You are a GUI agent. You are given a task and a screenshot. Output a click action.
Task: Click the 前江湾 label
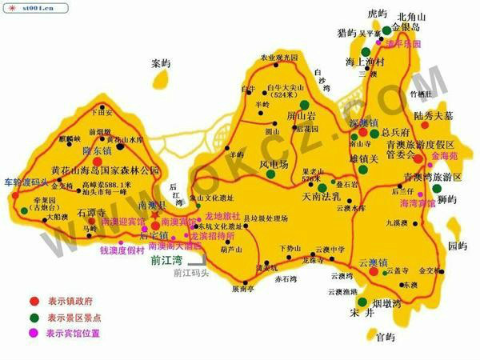[166, 260]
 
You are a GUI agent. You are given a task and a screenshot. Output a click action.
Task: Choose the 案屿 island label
[161, 62]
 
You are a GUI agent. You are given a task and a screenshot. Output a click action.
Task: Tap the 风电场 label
[274, 164]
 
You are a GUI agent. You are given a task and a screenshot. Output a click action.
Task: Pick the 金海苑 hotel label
[445, 156]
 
